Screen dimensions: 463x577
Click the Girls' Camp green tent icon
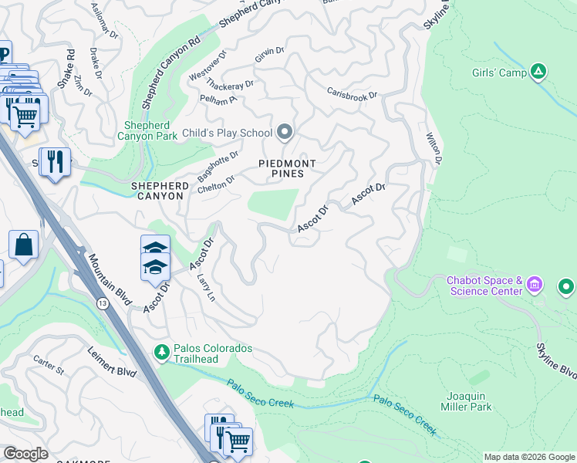point(538,73)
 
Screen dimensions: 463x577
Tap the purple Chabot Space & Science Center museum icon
point(534,286)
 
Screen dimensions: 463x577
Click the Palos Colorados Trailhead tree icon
point(161,352)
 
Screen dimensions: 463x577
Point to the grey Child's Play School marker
point(285,133)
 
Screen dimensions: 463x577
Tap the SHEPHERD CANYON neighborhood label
point(157,191)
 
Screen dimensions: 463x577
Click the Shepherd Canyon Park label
point(151,132)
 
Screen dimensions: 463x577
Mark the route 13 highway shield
point(103,304)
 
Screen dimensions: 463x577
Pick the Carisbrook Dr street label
point(352,94)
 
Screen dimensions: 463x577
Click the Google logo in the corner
point(25,454)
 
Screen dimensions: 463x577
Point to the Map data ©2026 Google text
point(529,457)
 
